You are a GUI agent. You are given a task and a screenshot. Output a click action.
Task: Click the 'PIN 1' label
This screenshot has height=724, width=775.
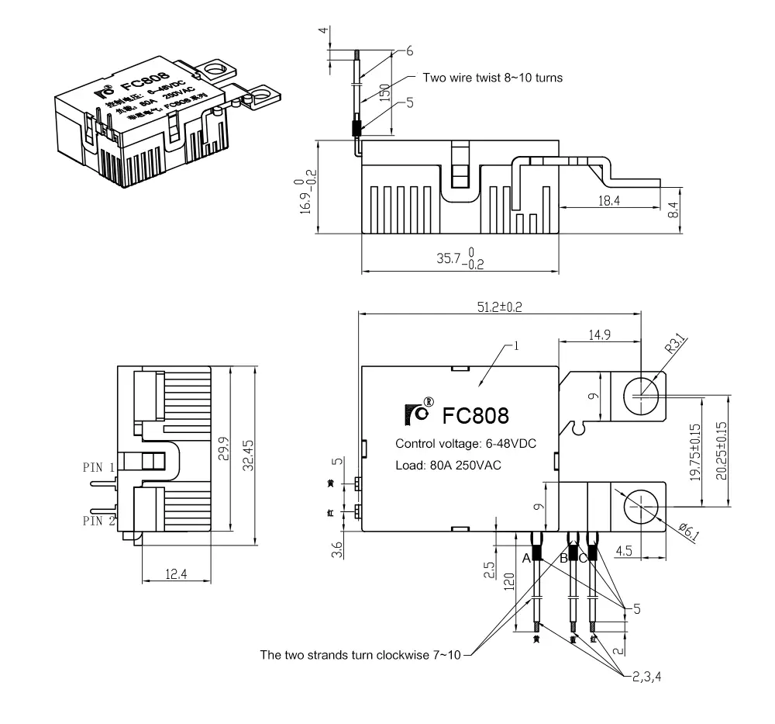click(x=98, y=467)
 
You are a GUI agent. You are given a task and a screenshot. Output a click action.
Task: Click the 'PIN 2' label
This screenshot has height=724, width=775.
click(x=98, y=520)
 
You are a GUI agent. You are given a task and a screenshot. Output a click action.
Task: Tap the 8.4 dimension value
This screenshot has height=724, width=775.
click(x=673, y=210)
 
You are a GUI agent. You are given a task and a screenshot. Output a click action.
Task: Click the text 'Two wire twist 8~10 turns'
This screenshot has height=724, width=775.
click(x=492, y=78)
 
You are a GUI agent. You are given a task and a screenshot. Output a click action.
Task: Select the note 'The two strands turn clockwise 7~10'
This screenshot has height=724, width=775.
click(x=360, y=655)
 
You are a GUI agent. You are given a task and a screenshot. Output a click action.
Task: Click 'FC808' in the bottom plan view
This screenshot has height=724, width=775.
click(x=475, y=415)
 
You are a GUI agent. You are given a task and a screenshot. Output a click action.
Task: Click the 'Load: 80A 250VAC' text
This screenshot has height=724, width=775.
click(x=448, y=466)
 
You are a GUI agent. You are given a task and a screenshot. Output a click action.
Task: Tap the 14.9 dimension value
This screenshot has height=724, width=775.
click(x=598, y=334)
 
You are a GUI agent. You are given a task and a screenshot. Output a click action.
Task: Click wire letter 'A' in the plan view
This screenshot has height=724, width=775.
click(x=526, y=557)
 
